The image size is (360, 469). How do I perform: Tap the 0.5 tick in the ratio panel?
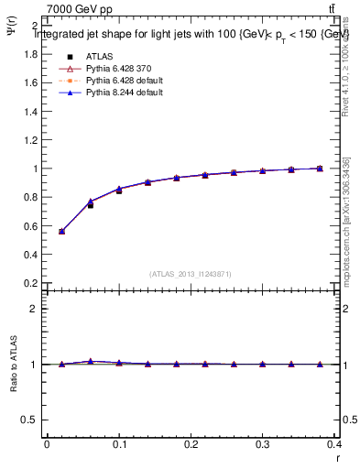point(30,420)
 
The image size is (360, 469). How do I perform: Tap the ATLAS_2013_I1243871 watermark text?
point(191,274)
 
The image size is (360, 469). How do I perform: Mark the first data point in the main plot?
point(61,231)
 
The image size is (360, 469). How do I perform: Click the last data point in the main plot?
point(320,169)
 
